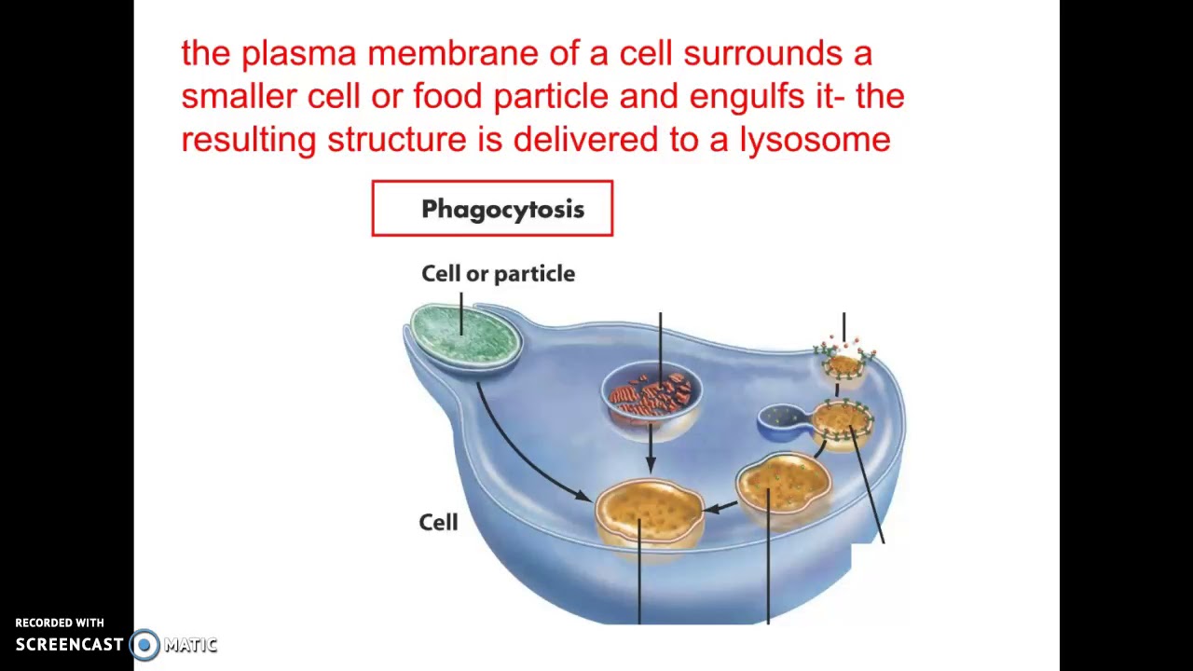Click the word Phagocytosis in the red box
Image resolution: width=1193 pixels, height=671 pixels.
[x=502, y=210]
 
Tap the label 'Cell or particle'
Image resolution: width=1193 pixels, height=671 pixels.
[x=498, y=274]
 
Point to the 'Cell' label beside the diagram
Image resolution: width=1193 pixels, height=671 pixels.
[x=438, y=523]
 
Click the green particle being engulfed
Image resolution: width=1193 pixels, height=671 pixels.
[x=466, y=334]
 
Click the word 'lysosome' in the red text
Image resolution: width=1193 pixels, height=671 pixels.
[x=815, y=140]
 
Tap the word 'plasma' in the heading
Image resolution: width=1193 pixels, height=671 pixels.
[x=299, y=54]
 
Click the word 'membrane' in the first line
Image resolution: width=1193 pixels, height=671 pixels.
[x=453, y=54]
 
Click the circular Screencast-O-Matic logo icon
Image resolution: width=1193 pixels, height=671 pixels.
[x=144, y=645]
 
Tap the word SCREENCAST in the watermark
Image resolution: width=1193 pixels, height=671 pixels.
[x=69, y=645]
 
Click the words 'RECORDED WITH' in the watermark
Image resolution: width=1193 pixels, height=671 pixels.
[x=60, y=623]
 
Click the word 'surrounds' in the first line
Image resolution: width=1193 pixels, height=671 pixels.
[x=762, y=54]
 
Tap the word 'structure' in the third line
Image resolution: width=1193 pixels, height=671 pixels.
[x=397, y=140]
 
